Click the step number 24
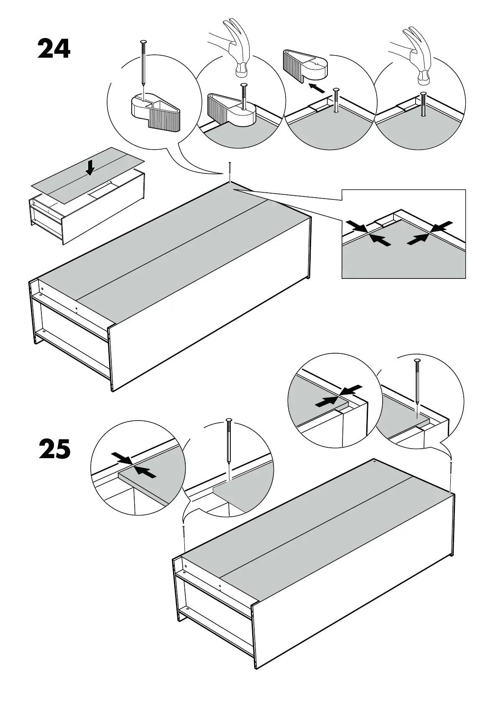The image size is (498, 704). click(54, 49)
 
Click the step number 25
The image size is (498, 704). click(55, 449)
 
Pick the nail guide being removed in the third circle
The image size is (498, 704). click(305, 65)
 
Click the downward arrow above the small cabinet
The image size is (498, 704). click(90, 168)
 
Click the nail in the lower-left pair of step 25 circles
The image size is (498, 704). click(228, 443)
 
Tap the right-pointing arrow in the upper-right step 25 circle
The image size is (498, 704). click(326, 402)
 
